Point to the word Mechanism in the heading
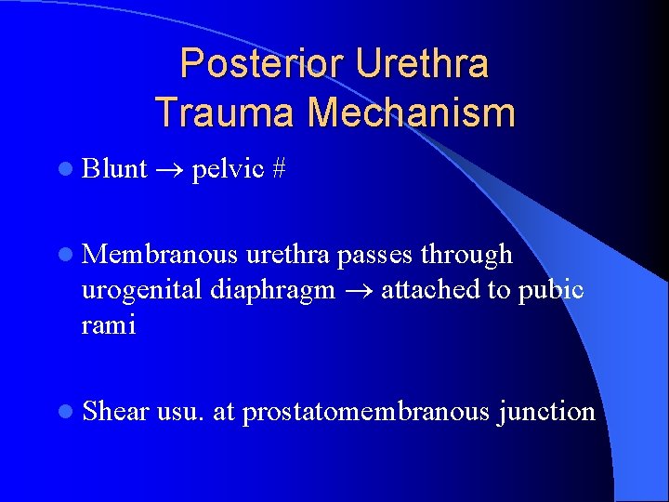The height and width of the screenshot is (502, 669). coord(412,112)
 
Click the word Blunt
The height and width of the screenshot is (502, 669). coord(114,168)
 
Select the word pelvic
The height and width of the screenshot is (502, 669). coord(227,168)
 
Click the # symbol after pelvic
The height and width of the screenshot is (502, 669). coord(279,168)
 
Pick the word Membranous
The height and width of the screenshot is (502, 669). coord(160,254)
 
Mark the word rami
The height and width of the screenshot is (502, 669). coord(109,325)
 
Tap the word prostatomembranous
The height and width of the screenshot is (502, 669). coord(365,411)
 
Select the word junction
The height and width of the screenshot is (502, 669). coord(547,411)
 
